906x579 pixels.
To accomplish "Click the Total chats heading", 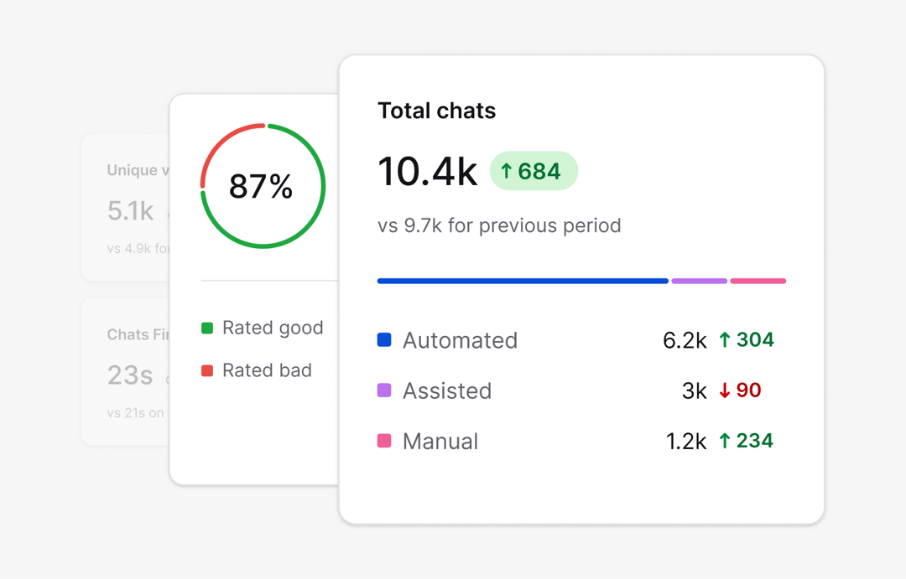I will (436, 111).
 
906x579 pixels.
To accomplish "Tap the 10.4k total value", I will (427, 171).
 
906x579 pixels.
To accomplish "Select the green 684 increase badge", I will (534, 171).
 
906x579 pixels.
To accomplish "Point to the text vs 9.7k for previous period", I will (499, 225).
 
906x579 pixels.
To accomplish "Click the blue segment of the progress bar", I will (522, 281).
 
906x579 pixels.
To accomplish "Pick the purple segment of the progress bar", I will (699, 281).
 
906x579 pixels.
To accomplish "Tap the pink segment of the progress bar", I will (758, 281).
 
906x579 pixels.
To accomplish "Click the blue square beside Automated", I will (384, 339).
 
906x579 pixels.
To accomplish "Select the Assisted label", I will (446, 390).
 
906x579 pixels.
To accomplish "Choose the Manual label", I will (440, 441).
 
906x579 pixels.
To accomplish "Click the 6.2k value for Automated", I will (685, 340).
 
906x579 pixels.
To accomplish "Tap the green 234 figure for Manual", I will (746, 441).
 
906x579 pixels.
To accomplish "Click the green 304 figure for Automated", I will (746, 340).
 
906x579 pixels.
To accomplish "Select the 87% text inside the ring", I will (261, 186).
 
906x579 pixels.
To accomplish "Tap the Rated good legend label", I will (272, 328).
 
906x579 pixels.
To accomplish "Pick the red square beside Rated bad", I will (207, 370).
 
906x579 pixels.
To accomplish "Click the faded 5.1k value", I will (130, 211).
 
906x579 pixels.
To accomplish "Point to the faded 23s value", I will (130, 375).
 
